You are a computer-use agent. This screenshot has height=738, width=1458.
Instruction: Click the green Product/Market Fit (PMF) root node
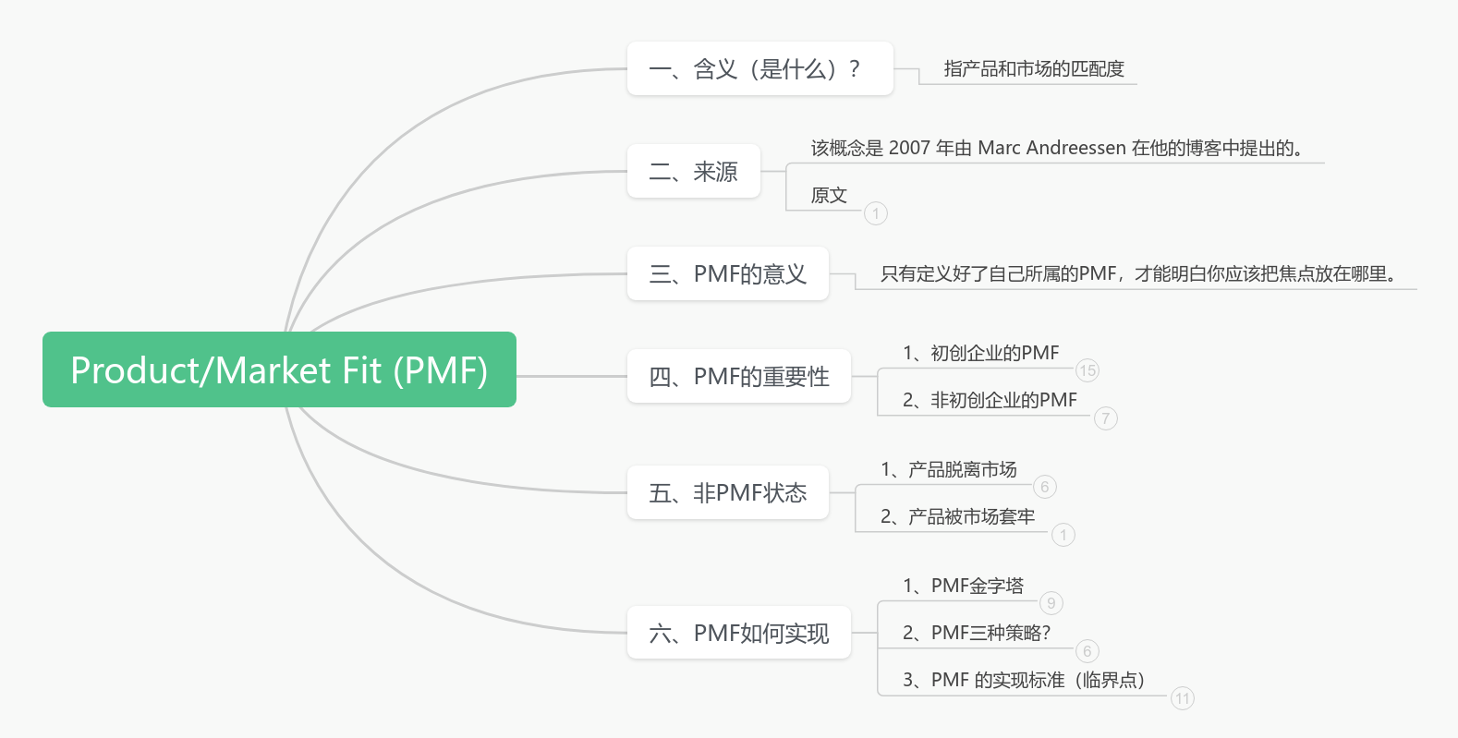click(279, 369)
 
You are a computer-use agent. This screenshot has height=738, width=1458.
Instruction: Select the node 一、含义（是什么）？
click(759, 68)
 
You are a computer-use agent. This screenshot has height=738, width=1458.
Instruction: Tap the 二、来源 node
click(693, 171)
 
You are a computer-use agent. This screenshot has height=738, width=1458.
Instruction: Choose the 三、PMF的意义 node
click(727, 273)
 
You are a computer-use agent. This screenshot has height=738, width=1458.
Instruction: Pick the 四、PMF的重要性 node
click(738, 376)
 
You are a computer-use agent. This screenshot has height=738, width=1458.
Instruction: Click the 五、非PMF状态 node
click(727, 492)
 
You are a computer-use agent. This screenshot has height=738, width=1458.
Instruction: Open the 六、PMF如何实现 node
click(738, 633)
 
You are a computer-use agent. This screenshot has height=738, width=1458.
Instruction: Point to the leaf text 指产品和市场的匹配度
click(1034, 68)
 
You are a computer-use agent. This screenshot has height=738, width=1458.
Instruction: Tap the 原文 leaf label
click(829, 195)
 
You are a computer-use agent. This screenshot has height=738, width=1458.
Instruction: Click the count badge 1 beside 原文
click(876, 213)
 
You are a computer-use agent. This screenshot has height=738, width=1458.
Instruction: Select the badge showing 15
click(1087, 370)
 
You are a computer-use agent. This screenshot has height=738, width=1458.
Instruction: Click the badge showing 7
click(1106, 418)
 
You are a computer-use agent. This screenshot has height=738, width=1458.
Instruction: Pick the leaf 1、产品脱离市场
click(948, 469)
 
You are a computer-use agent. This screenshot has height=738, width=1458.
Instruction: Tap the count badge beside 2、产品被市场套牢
click(1063, 535)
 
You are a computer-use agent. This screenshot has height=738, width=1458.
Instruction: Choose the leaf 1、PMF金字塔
click(963, 586)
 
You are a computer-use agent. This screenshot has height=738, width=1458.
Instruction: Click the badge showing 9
click(1051, 603)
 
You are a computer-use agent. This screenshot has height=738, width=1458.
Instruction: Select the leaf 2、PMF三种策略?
click(976, 633)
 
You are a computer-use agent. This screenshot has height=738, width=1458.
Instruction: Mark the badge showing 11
click(1183, 698)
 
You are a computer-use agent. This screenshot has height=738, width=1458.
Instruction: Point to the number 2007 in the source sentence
click(909, 148)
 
